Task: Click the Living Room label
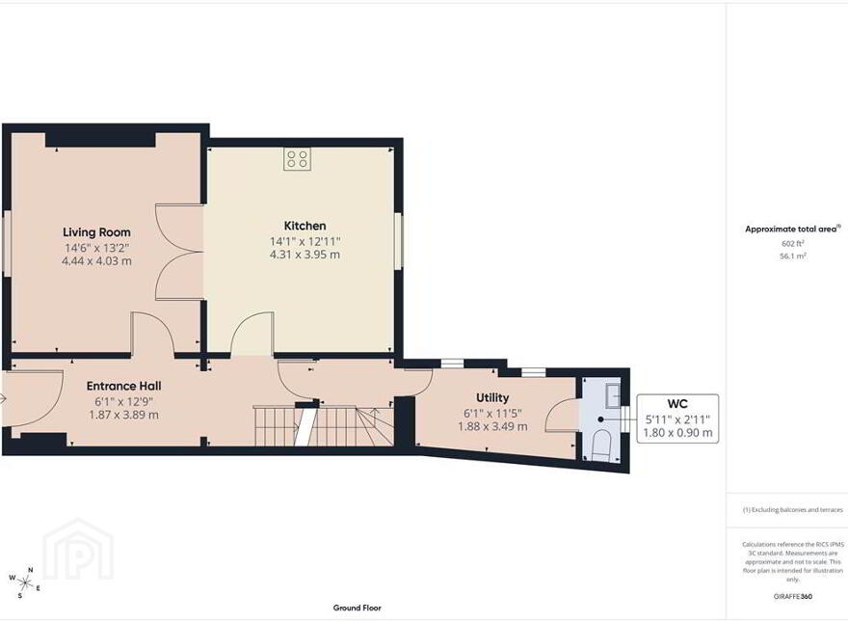[96, 232]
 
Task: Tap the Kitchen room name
[305, 226]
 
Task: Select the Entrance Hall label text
[124, 386]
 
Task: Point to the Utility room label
[492, 398]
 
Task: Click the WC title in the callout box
[677, 404]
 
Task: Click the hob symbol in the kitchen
[297, 159]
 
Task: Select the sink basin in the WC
[613, 395]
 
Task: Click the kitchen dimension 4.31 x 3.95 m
[305, 255]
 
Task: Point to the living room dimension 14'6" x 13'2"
[96, 248]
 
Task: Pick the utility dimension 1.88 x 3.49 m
[492, 426]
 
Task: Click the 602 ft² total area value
[792, 244]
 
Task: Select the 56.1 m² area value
[793, 257]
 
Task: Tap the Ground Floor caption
[357, 608]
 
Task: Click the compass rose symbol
[24, 582]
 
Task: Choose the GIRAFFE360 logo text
[793, 597]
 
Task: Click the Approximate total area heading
[792, 229]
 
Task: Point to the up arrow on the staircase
[374, 417]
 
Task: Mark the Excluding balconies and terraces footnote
[792, 510]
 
